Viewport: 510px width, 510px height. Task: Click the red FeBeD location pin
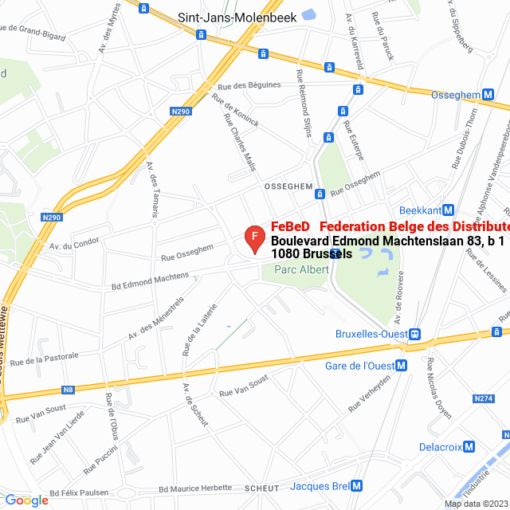click(x=253, y=238)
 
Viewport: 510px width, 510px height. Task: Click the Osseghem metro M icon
click(x=487, y=94)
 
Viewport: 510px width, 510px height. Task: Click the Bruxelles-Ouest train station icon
click(x=416, y=334)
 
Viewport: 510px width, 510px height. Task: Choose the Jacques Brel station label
click(x=320, y=485)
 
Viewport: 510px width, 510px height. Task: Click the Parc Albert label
click(x=301, y=269)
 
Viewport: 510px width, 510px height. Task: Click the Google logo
click(x=26, y=500)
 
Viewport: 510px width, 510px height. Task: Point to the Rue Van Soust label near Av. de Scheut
click(x=244, y=388)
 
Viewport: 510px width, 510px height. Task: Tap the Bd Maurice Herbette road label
click(x=195, y=488)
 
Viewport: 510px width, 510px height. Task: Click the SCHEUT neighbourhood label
click(x=262, y=488)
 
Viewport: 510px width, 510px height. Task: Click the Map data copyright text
click(x=476, y=503)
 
